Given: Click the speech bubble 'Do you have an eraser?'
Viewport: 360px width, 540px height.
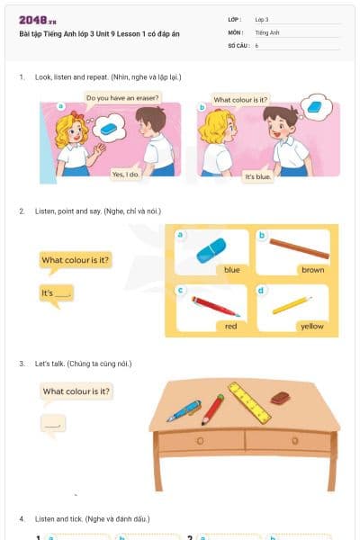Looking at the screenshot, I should pyautogui.click(x=122, y=97).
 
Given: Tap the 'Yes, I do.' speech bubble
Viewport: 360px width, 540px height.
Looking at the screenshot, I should pyautogui.click(x=126, y=174).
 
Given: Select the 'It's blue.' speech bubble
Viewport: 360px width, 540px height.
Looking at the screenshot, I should pyautogui.click(x=258, y=177).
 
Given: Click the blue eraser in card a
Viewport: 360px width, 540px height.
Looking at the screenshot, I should pyautogui.click(x=211, y=249).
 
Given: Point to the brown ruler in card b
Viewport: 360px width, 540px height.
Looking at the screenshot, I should pyautogui.click(x=299, y=247).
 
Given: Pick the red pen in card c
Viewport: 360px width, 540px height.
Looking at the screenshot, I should pyautogui.click(x=215, y=306).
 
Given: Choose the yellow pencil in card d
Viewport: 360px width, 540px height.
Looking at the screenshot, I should pyautogui.click(x=292, y=305).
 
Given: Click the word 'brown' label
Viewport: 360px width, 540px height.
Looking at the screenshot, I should pyautogui.click(x=312, y=269).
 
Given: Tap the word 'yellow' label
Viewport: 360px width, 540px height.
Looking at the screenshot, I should pyautogui.click(x=311, y=326).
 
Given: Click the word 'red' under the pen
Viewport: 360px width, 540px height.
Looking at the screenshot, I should pyautogui.click(x=230, y=326).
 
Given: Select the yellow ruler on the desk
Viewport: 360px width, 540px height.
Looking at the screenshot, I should pyautogui.click(x=249, y=402).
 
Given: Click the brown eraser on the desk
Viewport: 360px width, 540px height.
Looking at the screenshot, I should pyautogui.click(x=281, y=397).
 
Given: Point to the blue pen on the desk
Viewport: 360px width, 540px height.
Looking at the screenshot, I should pyautogui.click(x=184, y=410).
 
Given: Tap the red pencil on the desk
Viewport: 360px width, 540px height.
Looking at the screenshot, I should pyautogui.click(x=212, y=409).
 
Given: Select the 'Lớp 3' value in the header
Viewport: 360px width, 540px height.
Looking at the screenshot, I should pyautogui.click(x=261, y=19).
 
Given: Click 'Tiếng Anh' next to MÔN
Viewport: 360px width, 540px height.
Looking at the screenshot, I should pyautogui.click(x=266, y=31).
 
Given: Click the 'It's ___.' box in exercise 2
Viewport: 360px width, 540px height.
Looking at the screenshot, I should pyautogui.click(x=56, y=293).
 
